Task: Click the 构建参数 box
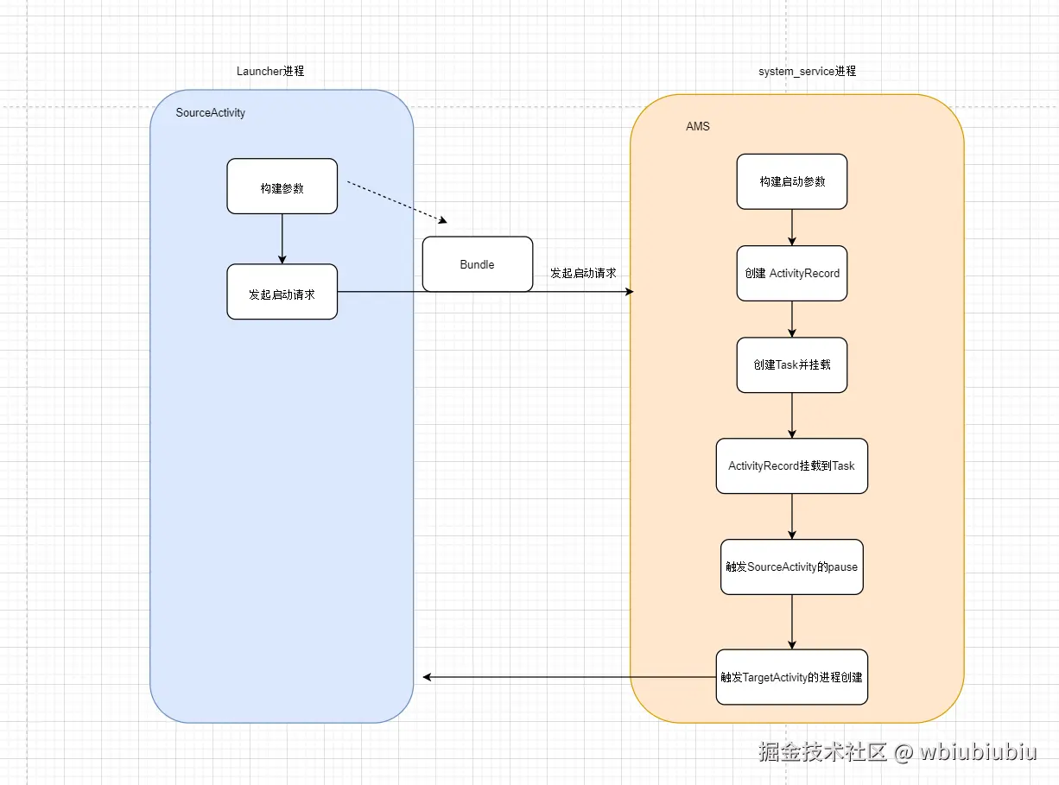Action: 282,187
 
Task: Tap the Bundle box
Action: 477,264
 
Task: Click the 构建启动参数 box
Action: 791,181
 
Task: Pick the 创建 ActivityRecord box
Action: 791,273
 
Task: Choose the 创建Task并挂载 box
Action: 791,364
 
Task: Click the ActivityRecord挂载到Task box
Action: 791,465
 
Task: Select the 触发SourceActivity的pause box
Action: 791,567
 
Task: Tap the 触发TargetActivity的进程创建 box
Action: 791,677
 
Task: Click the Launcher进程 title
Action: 270,71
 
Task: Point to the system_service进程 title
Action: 807,71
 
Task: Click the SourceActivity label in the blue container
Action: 210,113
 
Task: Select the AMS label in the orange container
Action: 697,126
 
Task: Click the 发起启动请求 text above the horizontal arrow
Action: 583,273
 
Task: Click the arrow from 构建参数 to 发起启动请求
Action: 282,238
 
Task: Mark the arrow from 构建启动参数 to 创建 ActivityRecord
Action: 792,227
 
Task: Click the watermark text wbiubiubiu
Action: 978,751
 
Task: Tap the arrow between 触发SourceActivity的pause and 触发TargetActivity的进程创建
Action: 792,621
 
